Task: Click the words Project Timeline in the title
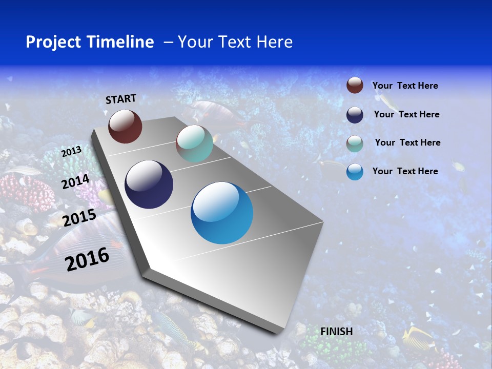tap(90, 42)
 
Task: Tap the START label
tap(121, 99)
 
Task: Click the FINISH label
tap(337, 332)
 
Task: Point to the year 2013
tap(71, 152)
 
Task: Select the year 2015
tap(79, 218)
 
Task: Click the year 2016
tap(87, 259)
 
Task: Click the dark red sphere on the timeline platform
tap(125, 126)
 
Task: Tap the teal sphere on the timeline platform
tap(194, 143)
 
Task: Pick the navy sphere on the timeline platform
tap(149, 184)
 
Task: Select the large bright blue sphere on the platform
tap(222, 213)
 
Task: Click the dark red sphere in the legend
tap(355, 85)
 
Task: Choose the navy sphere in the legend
tap(355, 115)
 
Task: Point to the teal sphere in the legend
tap(355, 143)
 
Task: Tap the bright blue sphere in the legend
tap(355, 172)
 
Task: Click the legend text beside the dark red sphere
tap(405, 86)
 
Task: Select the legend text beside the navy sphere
tap(406, 114)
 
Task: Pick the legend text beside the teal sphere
tap(407, 142)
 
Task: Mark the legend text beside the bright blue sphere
tap(405, 171)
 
